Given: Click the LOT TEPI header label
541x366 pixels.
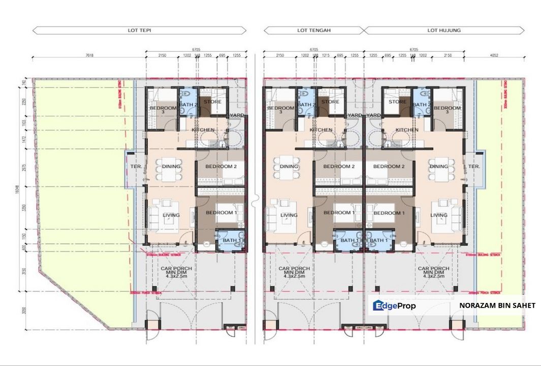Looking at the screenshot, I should click(139, 30).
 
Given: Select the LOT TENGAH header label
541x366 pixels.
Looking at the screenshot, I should click(314, 30).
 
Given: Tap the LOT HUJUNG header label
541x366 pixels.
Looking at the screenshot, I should click(444, 30).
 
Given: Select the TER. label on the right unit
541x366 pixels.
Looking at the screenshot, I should click(474, 167).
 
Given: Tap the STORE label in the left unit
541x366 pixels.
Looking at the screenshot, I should click(212, 102).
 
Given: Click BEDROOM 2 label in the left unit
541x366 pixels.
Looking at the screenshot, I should click(221, 167).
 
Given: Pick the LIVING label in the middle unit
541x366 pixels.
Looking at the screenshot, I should click(289, 215).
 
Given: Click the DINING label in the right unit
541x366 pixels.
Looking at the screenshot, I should click(438, 167).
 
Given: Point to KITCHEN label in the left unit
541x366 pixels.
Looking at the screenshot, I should click(203, 130).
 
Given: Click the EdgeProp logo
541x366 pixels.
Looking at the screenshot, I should click(395, 306).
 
